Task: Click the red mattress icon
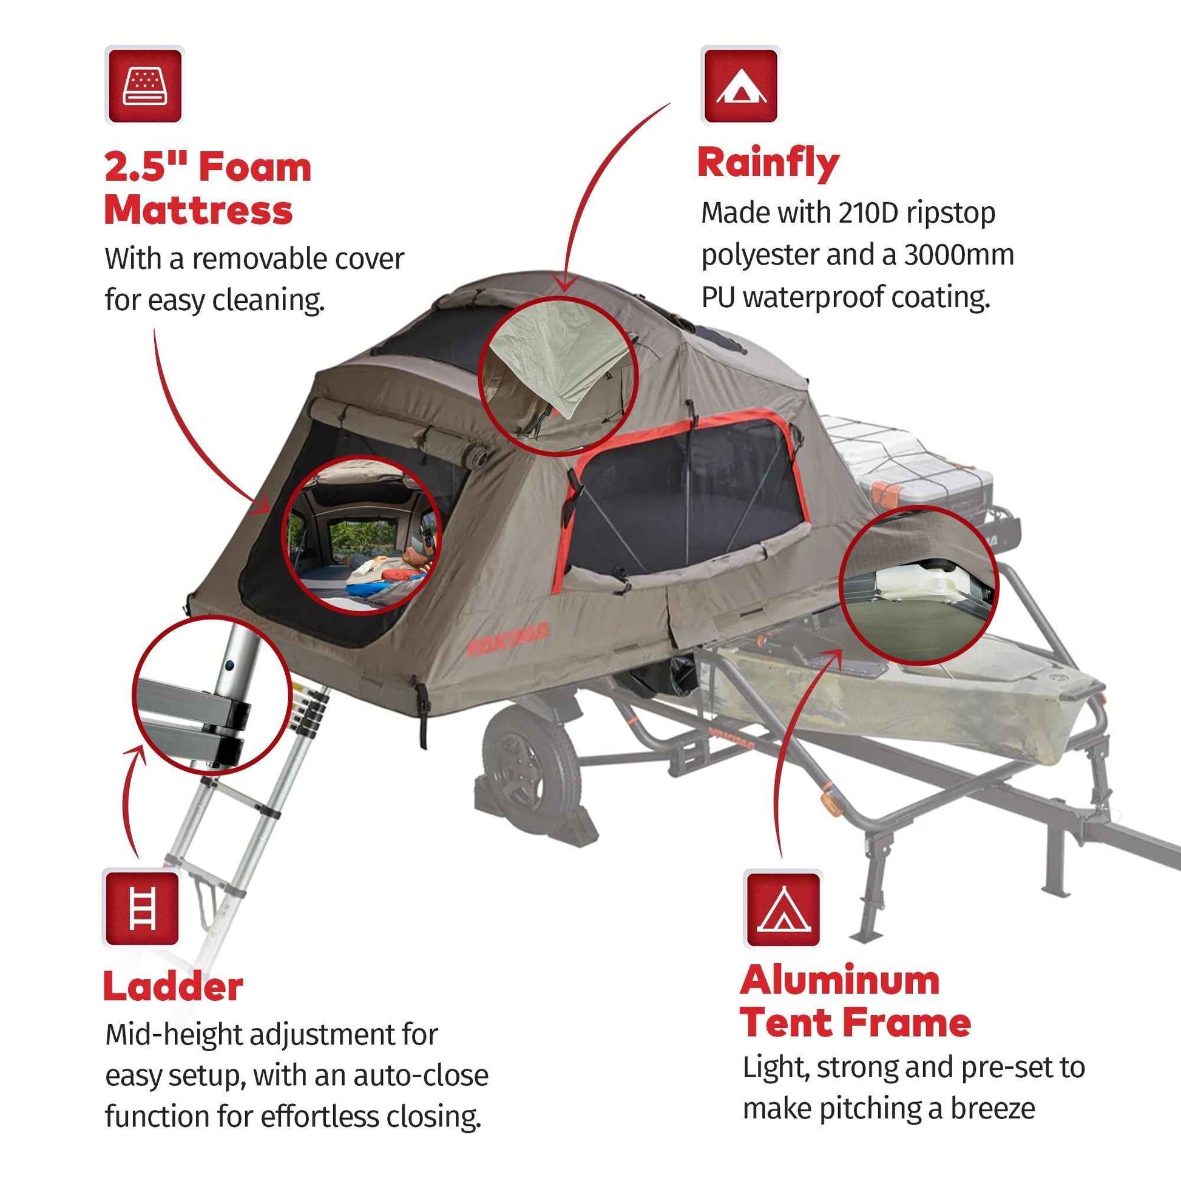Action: coord(144,86)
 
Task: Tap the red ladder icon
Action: coord(143,909)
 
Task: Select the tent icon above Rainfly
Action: coord(740,86)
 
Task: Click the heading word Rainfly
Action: coord(768,164)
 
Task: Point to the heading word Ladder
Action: coord(174,987)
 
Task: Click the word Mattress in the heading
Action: coord(198,211)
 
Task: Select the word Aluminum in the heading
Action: coord(840,981)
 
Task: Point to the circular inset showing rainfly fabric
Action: coord(558,376)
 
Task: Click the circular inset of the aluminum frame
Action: coord(918,586)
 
